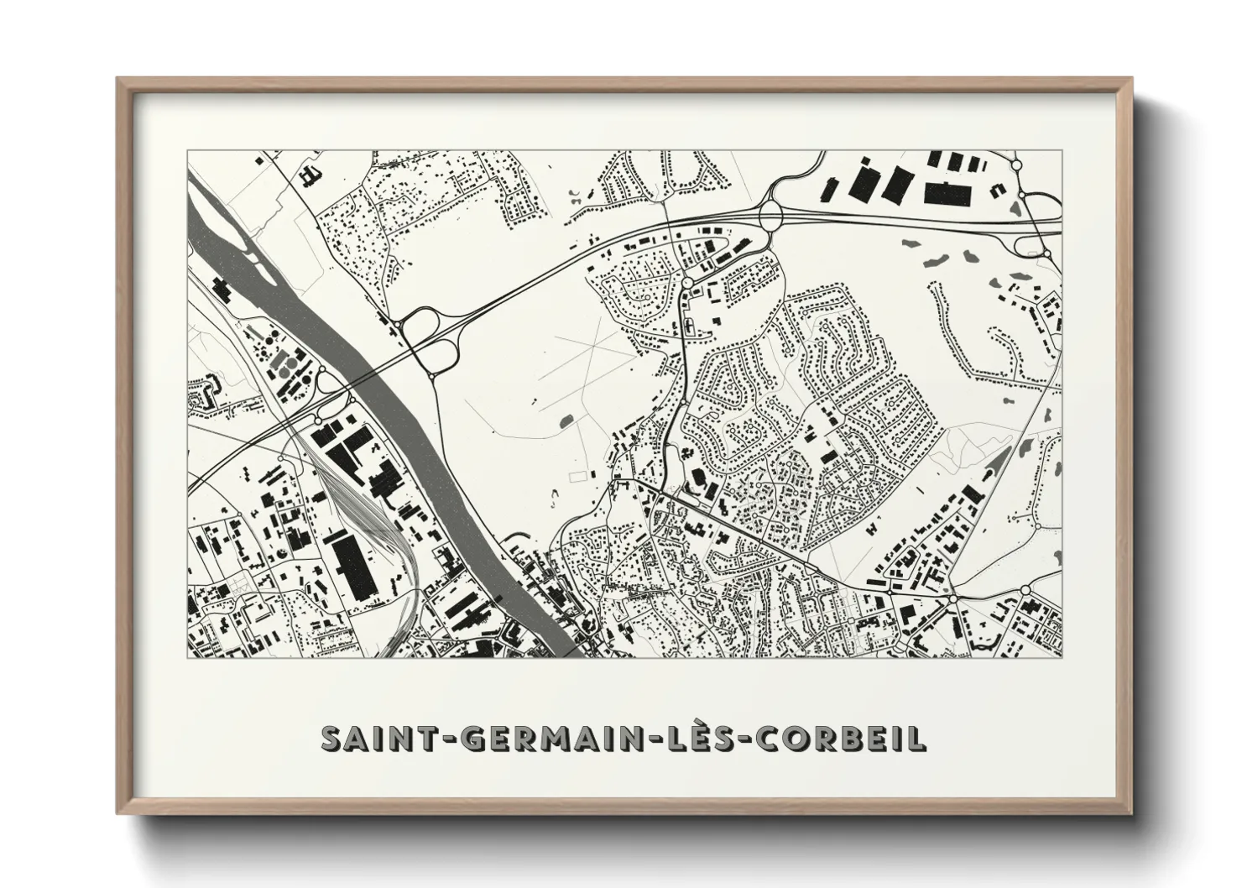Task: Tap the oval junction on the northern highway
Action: pyautogui.click(x=772, y=215)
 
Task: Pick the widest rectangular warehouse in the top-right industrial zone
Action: pyautogui.click(x=947, y=192)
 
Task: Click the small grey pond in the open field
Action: pyautogui.click(x=563, y=418)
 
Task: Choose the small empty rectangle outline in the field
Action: pyautogui.click(x=577, y=476)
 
